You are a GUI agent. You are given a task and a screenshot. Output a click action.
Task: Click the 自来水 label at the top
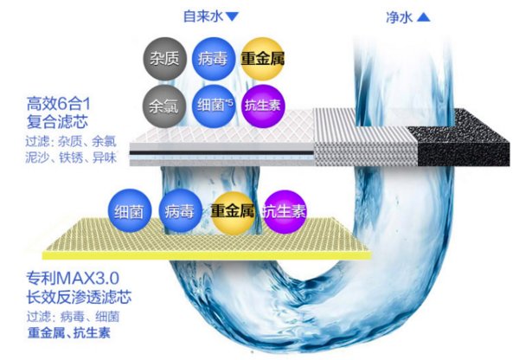tap(202, 16)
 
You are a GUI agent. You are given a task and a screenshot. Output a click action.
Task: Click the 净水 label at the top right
tap(398, 16)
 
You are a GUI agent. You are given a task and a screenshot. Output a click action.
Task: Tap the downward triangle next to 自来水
tap(232, 16)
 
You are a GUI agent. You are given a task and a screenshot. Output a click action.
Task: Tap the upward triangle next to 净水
tap(423, 16)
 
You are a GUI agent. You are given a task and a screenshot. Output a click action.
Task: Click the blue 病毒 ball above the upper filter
tap(212, 58)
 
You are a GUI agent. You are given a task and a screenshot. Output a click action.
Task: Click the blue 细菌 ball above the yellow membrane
tap(131, 211)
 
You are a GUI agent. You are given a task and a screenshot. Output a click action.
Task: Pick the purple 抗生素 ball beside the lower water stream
tap(283, 211)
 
